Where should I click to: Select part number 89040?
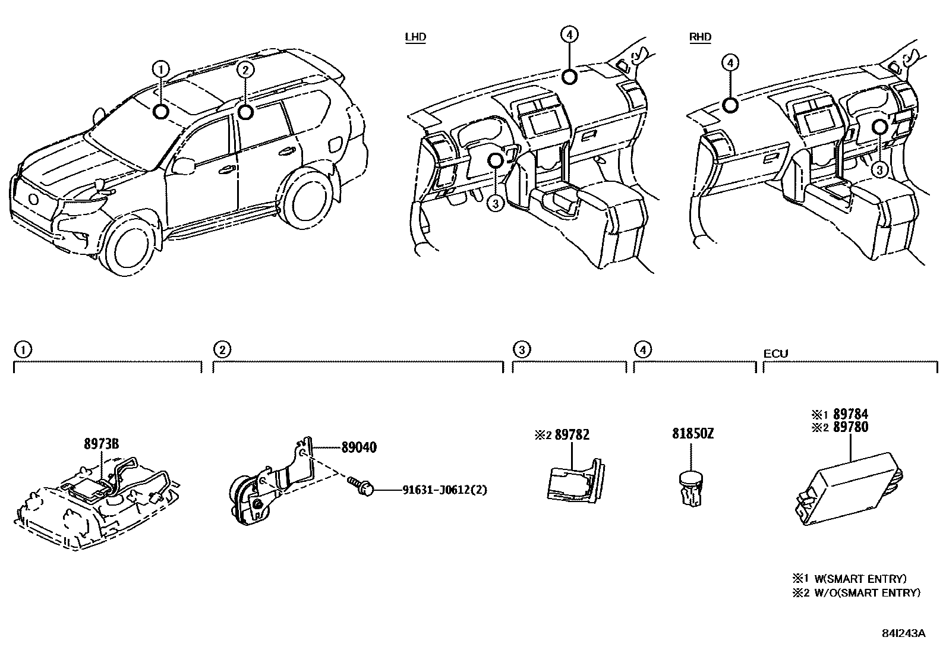click(x=358, y=447)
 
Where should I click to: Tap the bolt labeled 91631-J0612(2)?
click(x=361, y=488)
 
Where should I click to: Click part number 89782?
click(x=572, y=434)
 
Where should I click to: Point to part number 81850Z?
click(x=693, y=434)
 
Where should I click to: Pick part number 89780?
click(x=850, y=427)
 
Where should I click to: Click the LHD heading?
click(x=415, y=37)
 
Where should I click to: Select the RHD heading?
click(x=700, y=37)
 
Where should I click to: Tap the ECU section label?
click(x=775, y=354)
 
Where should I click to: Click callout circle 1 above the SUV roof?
click(x=160, y=69)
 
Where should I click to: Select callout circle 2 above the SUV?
click(x=245, y=70)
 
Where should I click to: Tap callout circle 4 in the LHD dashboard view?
click(x=569, y=35)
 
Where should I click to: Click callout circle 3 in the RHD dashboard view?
click(x=879, y=170)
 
